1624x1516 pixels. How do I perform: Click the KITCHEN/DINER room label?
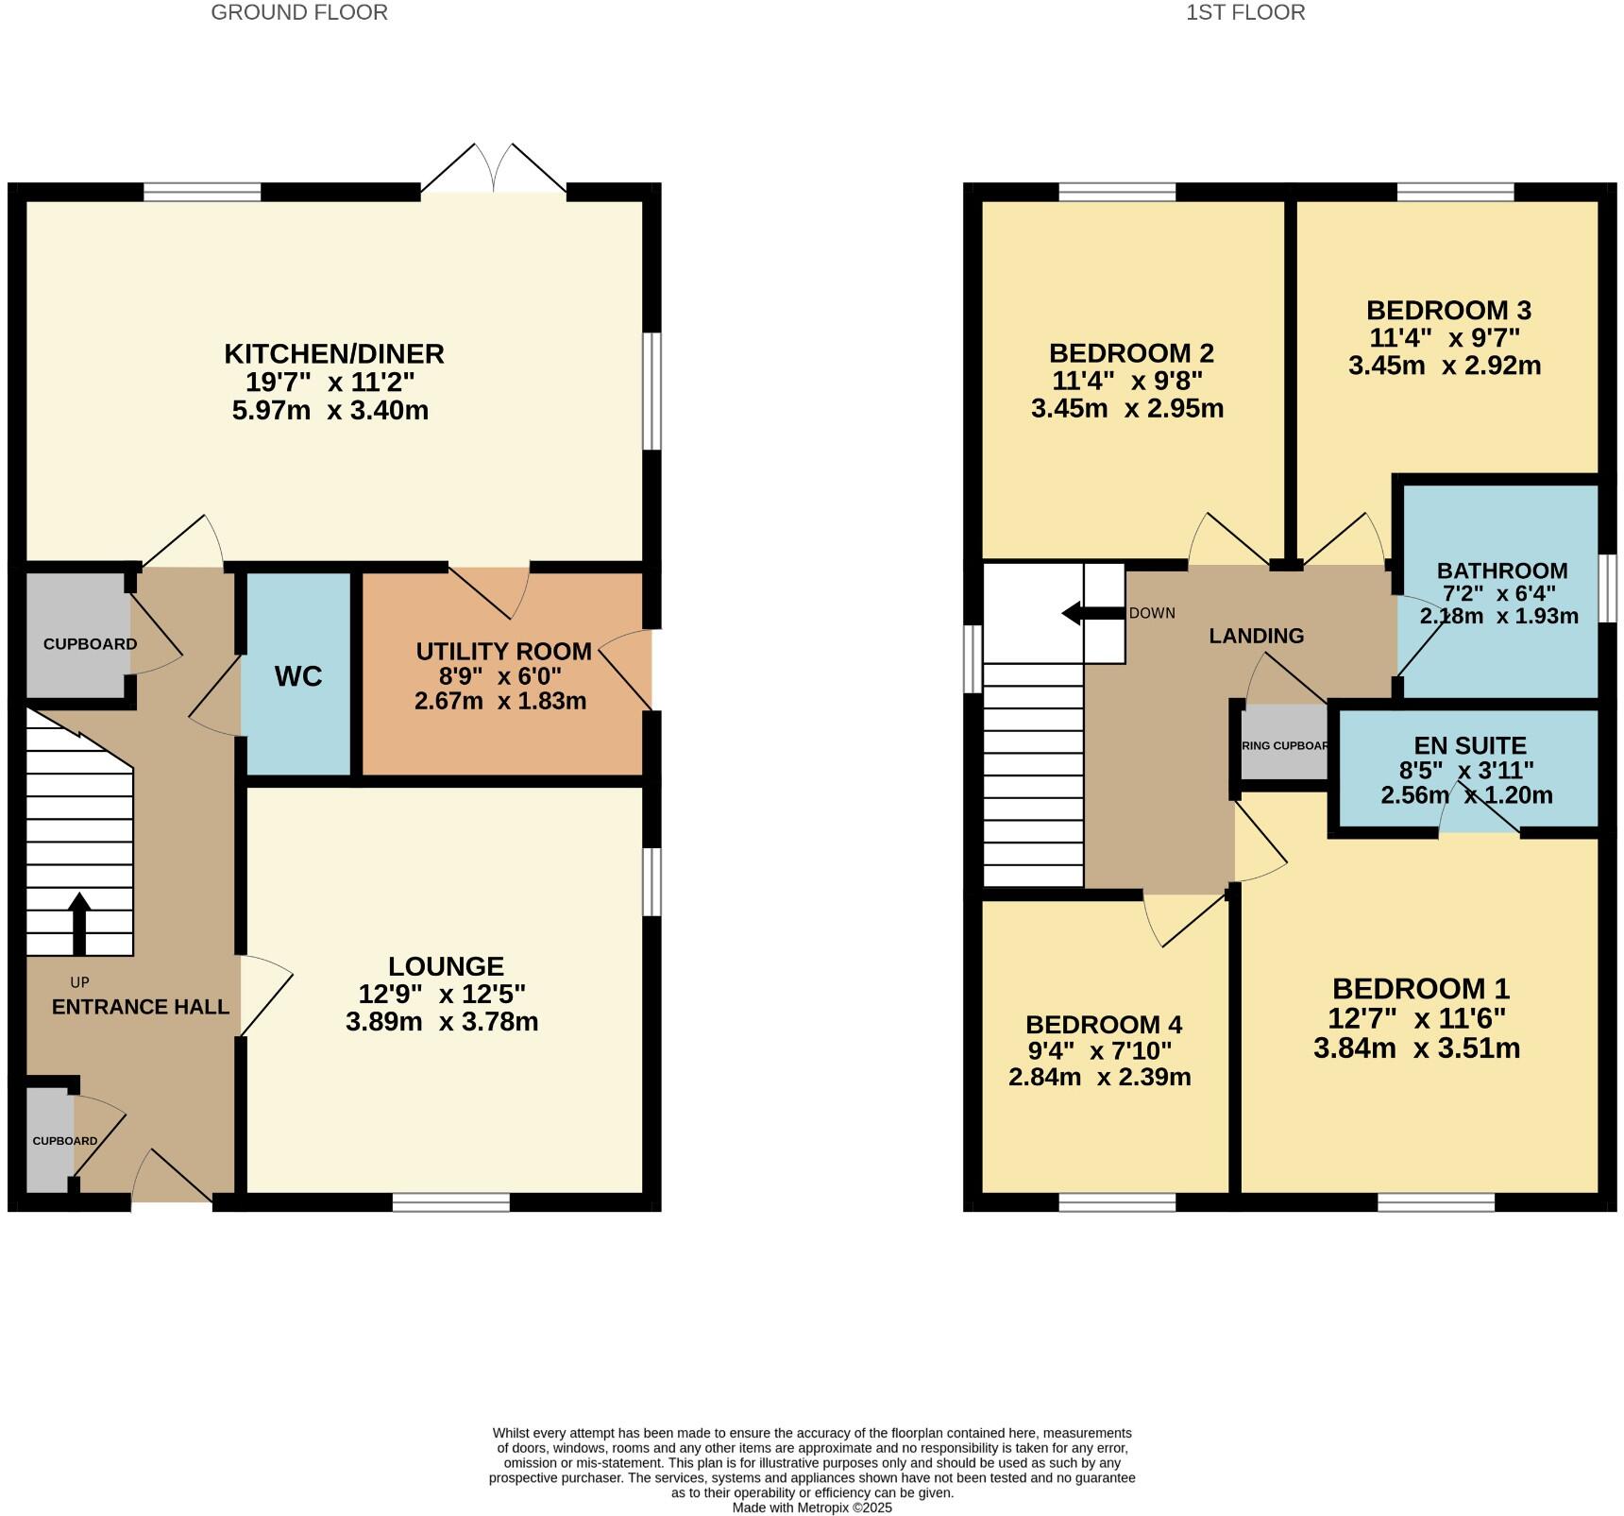click(x=333, y=354)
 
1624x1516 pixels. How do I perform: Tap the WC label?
click(x=298, y=676)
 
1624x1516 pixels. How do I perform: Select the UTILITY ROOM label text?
click(x=503, y=651)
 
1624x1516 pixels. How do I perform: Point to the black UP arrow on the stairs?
click(x=79, y=922)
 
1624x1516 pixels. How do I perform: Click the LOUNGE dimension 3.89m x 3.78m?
click(x=442, y=1021)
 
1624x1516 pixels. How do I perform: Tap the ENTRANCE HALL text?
click(x=140, y=1007)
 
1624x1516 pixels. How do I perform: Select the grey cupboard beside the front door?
click(x=45, y=1141)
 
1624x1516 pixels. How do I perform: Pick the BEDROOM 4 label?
click(x=1103, y=1025)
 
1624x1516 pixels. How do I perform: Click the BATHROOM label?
click(x=1501, y=571)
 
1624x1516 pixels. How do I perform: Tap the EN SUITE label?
click(x=1469, y=745)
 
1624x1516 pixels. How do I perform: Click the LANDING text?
click(x=1256, y=636)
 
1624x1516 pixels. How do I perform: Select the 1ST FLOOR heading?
click(x=1245, y=12)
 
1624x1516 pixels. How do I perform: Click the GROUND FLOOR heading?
click(x=298, y=12)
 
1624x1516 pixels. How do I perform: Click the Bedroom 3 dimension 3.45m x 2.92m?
click(x=1444, y=366)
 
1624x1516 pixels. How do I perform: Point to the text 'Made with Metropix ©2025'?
click(x=811, y=1507)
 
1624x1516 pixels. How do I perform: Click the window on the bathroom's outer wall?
click(x=1609, y=588)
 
